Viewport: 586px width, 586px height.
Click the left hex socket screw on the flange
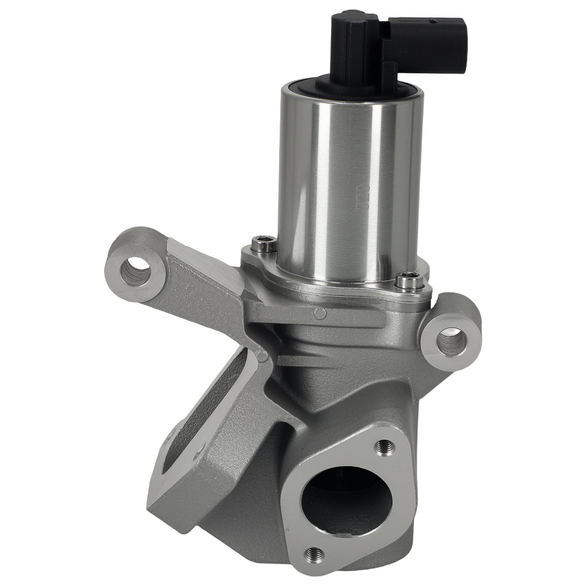[x=264, y=244]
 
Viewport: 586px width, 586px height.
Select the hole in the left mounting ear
[x=136, y=272]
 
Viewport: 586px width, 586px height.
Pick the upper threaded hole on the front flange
[x=384, y=447]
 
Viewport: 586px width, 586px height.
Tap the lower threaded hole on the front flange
[x=314, y=554]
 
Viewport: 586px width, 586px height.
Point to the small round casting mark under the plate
[x=320, y=313]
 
